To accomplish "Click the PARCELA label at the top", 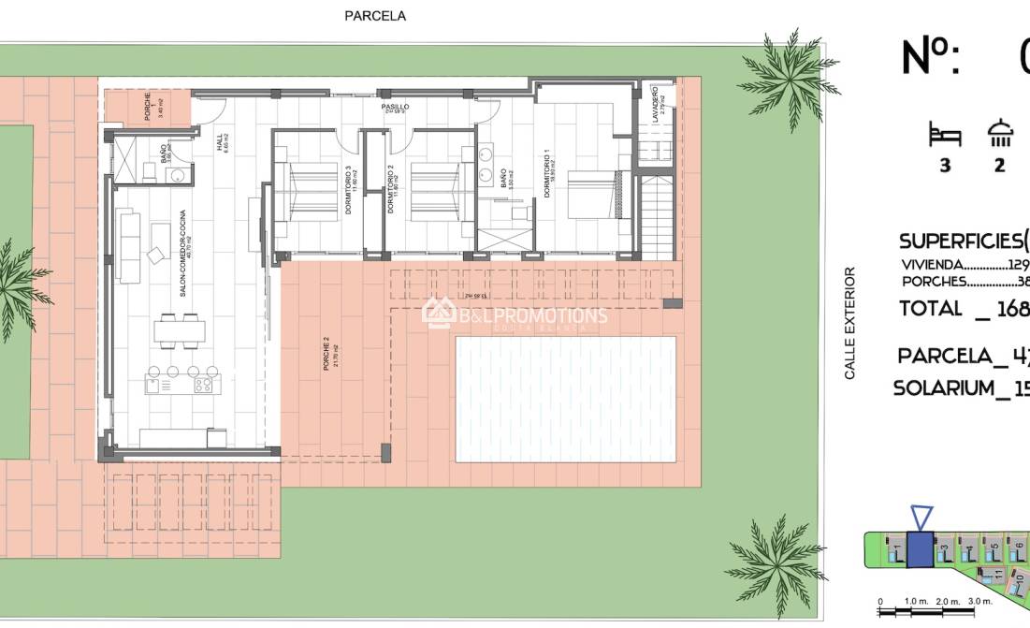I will click(x=375, y=16).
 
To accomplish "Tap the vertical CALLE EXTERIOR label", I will click(x=850, y=323).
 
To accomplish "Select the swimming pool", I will click(x=565, y=399).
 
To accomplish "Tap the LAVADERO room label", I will click(x=655, y=100).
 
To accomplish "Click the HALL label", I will click(x=222, y=142).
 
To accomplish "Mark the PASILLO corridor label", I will click(x=396, y=108).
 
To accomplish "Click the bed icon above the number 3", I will click(x=945, y=135).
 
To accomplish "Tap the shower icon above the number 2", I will click(x=1000, y=134).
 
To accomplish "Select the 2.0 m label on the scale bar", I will click(x=948, y=601).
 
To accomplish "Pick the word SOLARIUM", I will click(x=943, y=388).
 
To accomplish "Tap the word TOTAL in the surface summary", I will click(x=930, y=308).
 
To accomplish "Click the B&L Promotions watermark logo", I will click(x=515, y=314).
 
